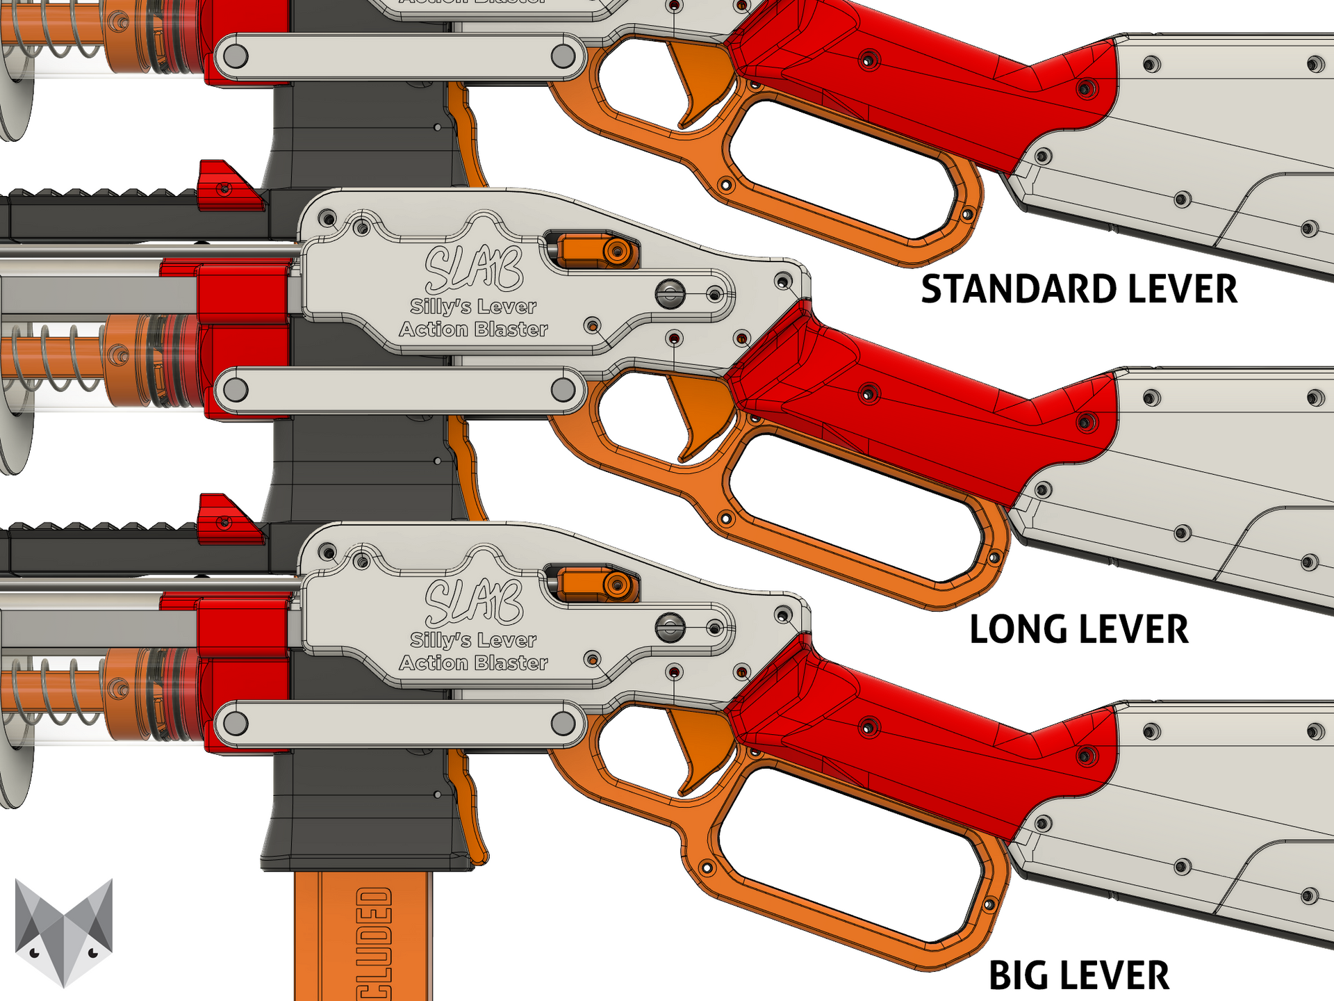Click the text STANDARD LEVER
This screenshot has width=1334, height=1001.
(1078, 289)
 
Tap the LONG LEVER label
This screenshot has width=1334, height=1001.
(1078, 630)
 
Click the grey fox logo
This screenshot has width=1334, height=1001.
(64, 931)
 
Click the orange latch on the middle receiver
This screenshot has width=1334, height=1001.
(598, 250)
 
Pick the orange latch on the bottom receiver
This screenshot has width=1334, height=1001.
(598, 584)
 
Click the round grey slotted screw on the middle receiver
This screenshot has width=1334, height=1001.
(670, 294)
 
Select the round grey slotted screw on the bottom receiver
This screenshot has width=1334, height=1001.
(670, 628)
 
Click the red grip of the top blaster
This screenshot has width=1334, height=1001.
(903, 76)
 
